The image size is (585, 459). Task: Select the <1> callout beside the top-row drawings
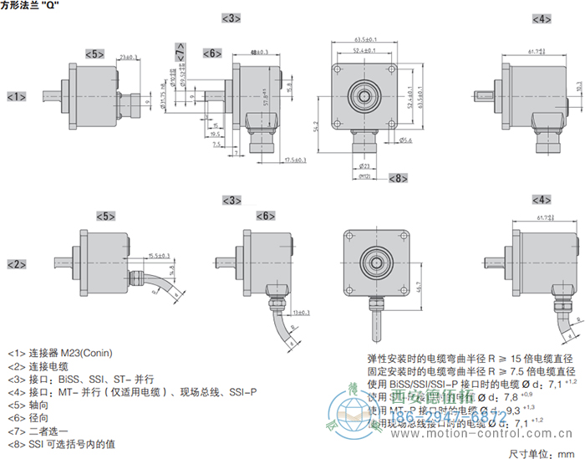click(x=16, y=97)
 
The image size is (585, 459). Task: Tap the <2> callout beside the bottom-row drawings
click(x=16, y=264)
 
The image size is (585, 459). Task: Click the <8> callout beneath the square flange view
click(x=398, y=178)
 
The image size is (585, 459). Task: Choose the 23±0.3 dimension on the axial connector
click(x=129, y=57)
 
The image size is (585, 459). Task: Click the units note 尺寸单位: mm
click(x=543, y=452)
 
